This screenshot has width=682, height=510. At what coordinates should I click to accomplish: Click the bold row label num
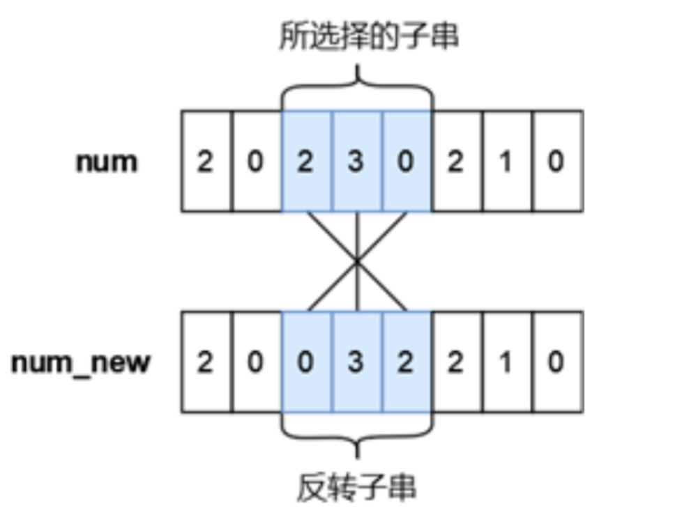(106, 162)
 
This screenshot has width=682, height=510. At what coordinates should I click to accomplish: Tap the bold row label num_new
(80, 362)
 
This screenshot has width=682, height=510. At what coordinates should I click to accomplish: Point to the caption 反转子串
(356, 488)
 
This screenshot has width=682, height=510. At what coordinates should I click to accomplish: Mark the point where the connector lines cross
(357, 262)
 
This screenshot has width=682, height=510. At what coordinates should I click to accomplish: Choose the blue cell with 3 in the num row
(356, 162)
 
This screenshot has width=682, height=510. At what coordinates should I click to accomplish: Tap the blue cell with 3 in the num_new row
(356, 362)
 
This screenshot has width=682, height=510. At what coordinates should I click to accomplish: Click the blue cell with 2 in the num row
(307, 162)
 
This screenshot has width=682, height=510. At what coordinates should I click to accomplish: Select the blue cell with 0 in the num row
(407, 162)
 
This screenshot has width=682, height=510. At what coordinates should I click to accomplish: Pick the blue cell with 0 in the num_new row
(307, 362)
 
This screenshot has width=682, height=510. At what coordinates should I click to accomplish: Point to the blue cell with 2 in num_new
(407, 362)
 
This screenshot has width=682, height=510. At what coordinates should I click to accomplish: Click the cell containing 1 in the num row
(506, 162)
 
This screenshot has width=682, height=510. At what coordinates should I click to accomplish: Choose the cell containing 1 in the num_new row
(506, 362)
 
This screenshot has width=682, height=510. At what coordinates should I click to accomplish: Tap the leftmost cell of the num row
(206, 162)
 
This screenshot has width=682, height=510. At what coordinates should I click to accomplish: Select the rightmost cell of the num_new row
(556, 362)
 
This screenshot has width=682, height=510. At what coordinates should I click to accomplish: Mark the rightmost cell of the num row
(556, 162)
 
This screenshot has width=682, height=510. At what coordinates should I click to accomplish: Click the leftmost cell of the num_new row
(206, 362)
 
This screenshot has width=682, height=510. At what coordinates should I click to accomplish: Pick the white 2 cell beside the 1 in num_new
(456, 362)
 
